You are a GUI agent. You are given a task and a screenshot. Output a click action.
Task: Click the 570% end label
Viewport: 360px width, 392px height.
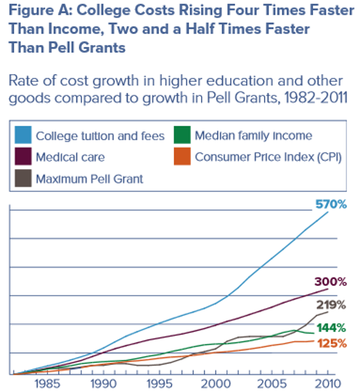coord(330,205)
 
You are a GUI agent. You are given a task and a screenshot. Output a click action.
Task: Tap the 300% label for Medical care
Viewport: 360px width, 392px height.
coord(330,281)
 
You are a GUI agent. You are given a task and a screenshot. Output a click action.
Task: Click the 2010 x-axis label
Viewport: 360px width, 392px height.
coord(327,383)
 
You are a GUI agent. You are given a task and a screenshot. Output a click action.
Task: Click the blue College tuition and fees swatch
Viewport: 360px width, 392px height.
coord(24,136)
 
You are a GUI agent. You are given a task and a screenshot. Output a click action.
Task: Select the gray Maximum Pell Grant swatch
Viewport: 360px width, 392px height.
coord(24,178)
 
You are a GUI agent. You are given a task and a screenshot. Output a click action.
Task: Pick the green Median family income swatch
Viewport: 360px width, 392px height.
coord(182,136)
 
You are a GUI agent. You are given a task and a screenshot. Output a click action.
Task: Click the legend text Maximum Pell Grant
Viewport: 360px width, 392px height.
coord(90,179)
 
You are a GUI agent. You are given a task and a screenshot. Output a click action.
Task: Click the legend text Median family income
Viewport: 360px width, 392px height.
coord(253,136)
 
